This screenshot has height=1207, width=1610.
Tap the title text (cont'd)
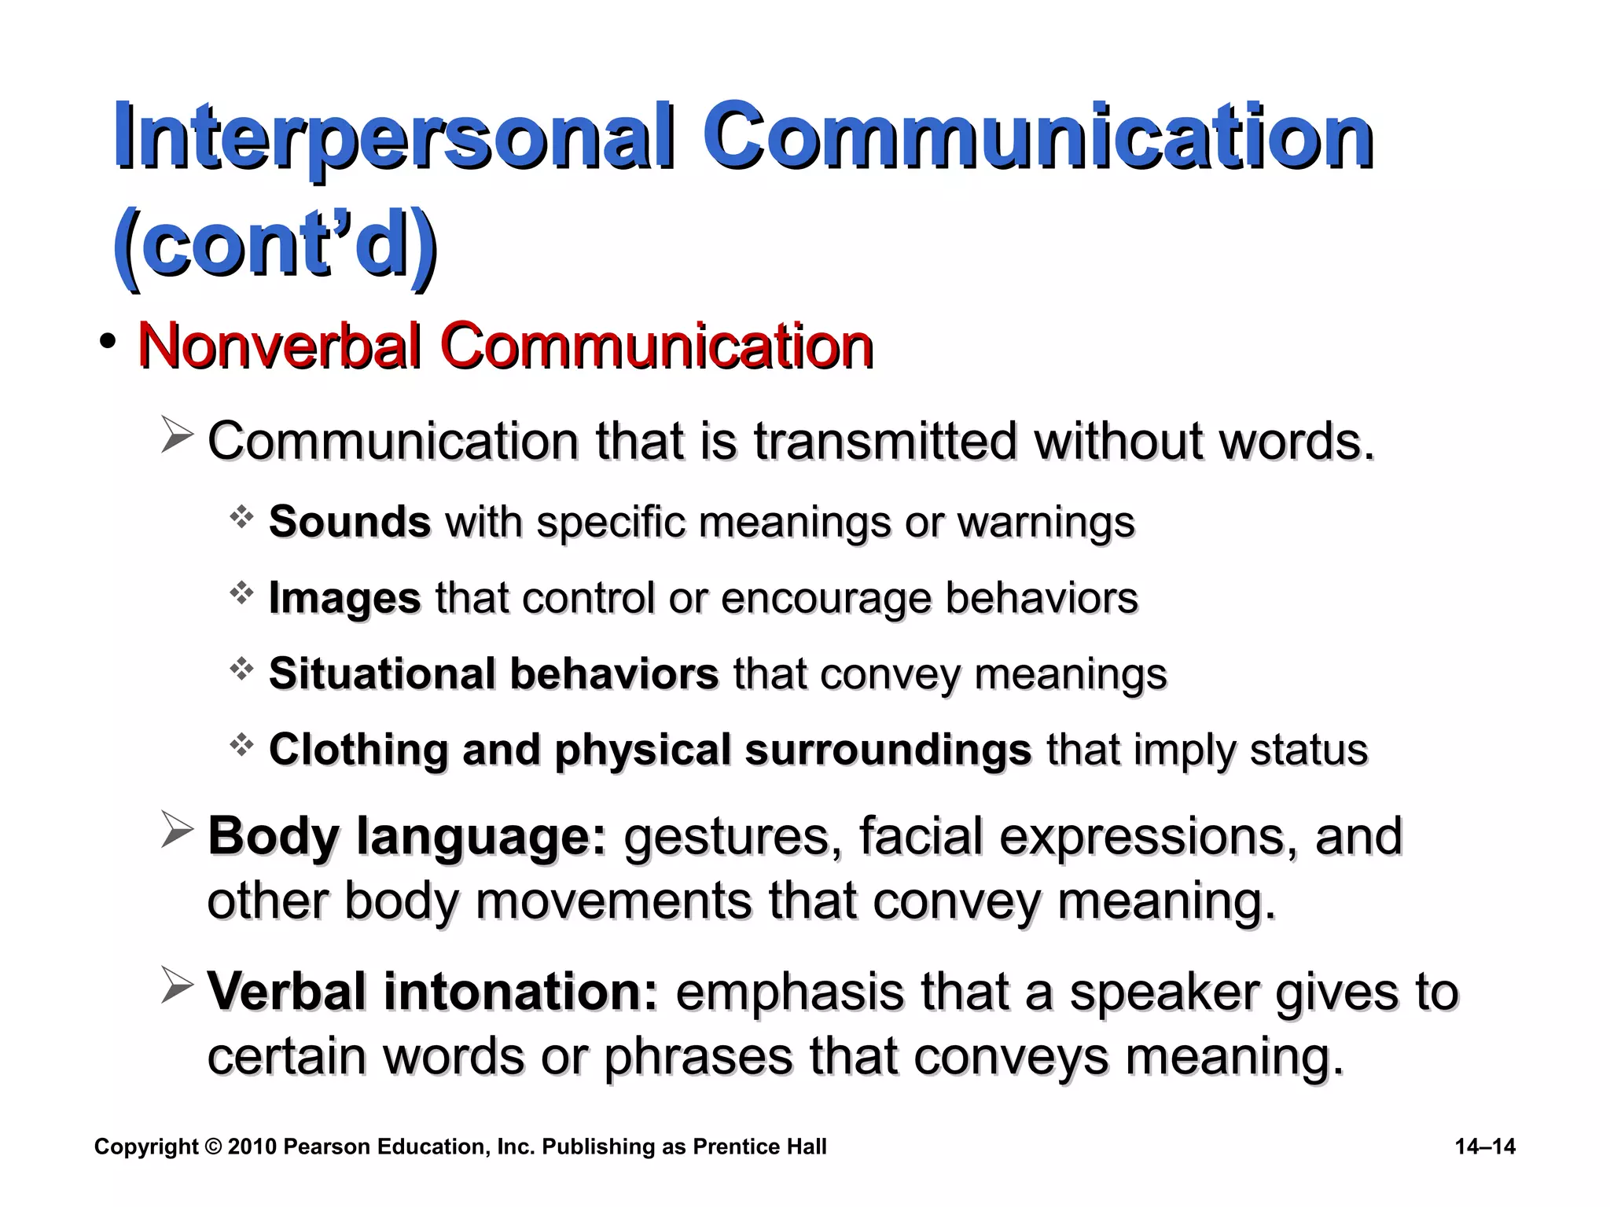(275, 244)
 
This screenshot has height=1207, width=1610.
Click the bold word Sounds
(350, 522)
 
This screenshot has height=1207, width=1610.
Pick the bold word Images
(345, 598)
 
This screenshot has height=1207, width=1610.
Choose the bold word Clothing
(358, 749)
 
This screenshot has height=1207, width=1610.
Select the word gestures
(727, 835)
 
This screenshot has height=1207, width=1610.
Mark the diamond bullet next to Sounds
(241, 516)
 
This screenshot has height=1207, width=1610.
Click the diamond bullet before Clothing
(241, 743)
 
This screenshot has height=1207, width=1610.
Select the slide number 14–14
(1485, 1146)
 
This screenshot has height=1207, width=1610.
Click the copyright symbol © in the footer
(213, 1146)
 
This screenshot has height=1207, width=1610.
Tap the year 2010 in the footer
(252, 1146)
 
